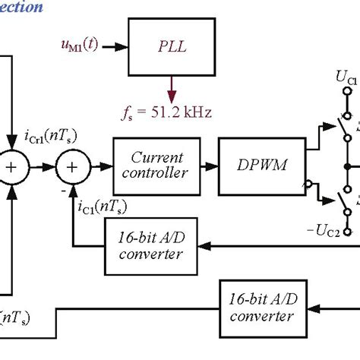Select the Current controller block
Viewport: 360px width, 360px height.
[157, 166]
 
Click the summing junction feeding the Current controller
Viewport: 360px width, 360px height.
[71, 166]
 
